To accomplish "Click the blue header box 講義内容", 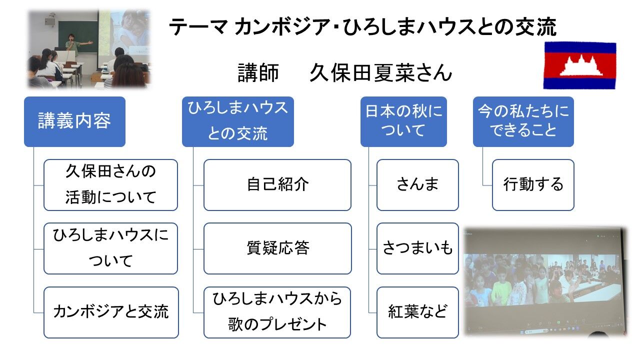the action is point(74,121).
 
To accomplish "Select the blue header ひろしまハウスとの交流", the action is point(237,121).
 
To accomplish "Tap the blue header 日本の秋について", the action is point(403,121).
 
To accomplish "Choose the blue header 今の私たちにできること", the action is point(523,121).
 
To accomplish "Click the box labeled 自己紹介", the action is point(277,184).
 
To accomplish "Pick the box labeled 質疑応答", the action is point(277,248).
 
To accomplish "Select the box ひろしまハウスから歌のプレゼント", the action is point(277,312).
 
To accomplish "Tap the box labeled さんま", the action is point(417,184).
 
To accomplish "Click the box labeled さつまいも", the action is point(417,248).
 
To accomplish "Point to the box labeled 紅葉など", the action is point(417,312).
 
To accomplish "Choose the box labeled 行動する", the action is point(533,184).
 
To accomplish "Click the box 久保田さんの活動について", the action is point(110,184).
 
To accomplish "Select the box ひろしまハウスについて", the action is point(110,248).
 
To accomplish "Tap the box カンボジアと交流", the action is point(110,312).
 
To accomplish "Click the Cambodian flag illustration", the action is point(579,65).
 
